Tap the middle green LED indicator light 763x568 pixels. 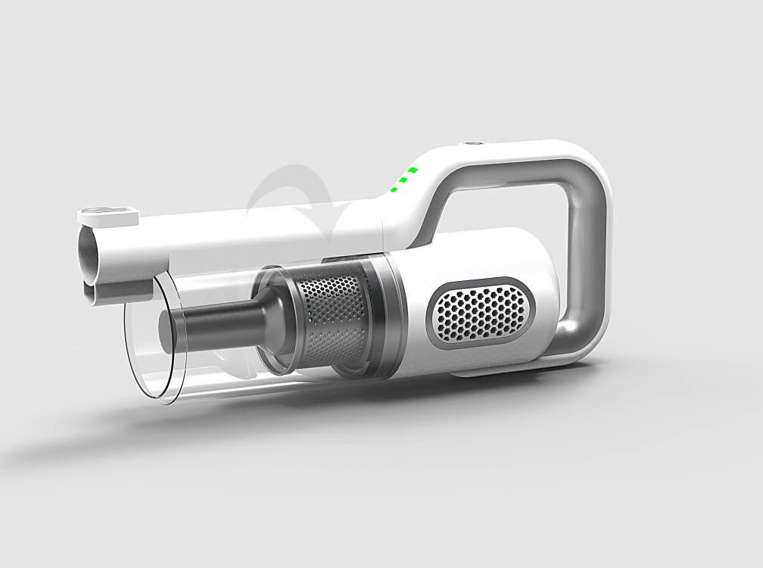click(403, 180)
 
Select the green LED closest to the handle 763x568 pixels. click(413, 170)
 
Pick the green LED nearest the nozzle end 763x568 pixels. click(394, 189)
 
